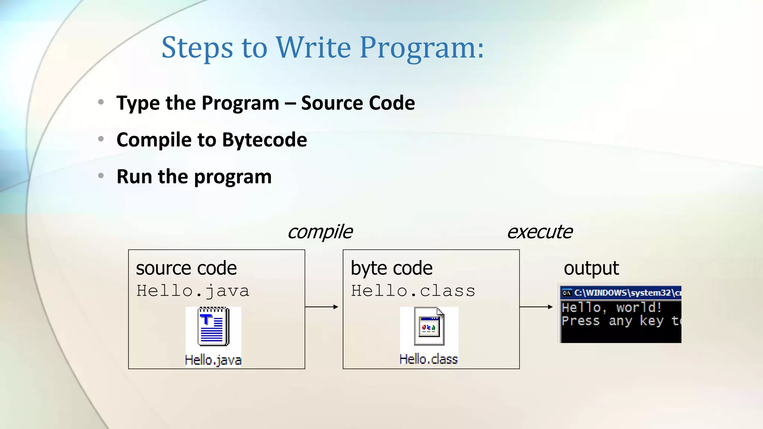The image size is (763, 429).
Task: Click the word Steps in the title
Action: point(197,48)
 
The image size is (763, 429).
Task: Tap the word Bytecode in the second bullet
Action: point(265,140)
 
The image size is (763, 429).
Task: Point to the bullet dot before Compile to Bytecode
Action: point(101,139)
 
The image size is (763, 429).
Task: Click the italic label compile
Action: point(320,232)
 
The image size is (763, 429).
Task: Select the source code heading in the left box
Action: point(186,268)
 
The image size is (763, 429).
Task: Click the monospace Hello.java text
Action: point(193,291)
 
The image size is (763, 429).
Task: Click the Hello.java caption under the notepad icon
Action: point(213,360)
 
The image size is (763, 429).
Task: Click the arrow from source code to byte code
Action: point(321,307)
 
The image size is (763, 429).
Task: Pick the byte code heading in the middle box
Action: point(392,268)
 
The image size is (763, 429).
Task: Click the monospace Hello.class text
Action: point(413,291)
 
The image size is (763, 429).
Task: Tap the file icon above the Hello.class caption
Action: point(429,326)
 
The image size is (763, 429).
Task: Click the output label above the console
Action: point(591,268)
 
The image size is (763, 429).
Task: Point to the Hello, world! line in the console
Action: point(611,308)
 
